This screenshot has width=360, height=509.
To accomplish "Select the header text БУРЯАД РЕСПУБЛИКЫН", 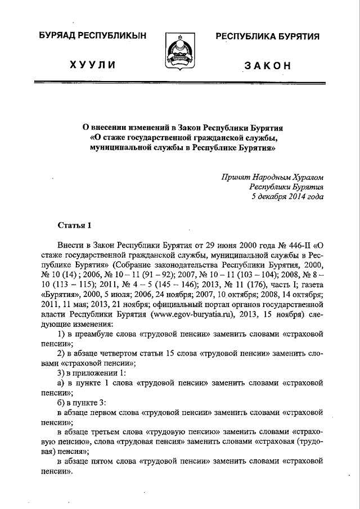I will click(x=94, y=37).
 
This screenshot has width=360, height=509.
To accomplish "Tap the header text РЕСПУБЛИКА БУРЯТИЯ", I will click(x=267, y=37).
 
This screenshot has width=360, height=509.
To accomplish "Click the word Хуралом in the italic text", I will click(x=309, y=176).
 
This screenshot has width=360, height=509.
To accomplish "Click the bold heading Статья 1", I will click(x=74, y=226).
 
